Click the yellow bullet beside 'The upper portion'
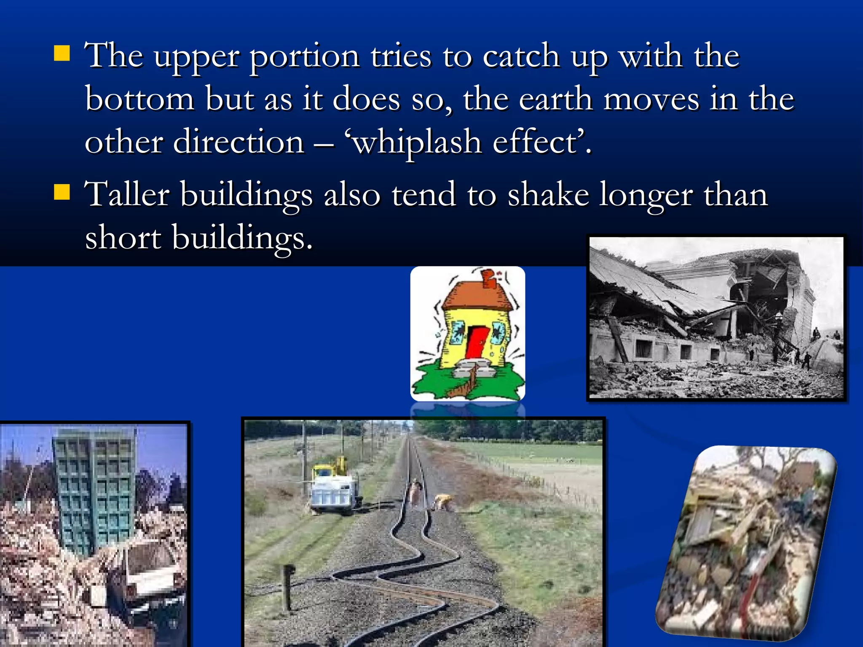tap(62, 54)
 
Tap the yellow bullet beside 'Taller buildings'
tap(62, 192)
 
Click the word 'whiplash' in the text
tap(416, 142)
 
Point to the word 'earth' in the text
tap(555, 99)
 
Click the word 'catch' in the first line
tap(521, 56)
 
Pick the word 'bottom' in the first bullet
tap(139, 99)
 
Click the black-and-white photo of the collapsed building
tap(716, 318)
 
